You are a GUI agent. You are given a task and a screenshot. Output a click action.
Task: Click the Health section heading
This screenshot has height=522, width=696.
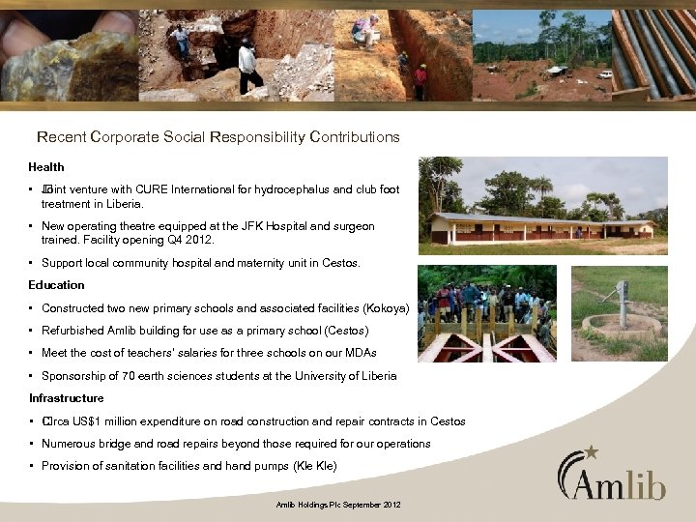pyautogui.click(x=46, y=167)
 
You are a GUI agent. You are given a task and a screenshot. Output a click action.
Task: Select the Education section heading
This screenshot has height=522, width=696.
pyautogui.click(x=56, y=285)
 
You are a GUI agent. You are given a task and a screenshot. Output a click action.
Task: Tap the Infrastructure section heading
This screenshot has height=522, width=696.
pyautogui.click(x=66, y=398)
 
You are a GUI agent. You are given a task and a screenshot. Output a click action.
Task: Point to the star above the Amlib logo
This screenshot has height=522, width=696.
pyautogui.click(x=592, y=450)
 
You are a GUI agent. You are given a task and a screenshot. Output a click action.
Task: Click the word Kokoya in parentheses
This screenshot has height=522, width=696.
pyautogui.click(x=385, y=308)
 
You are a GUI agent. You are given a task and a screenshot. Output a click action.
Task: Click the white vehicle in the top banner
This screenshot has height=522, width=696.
pyautogui.click(x=605, y=74)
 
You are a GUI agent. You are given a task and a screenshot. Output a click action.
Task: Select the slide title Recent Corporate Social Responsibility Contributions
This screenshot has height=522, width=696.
pyautogui.click(x=217, y=137)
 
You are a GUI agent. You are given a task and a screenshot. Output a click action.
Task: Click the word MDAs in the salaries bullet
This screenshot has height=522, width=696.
pyautogui.click(x=360, y=353)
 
